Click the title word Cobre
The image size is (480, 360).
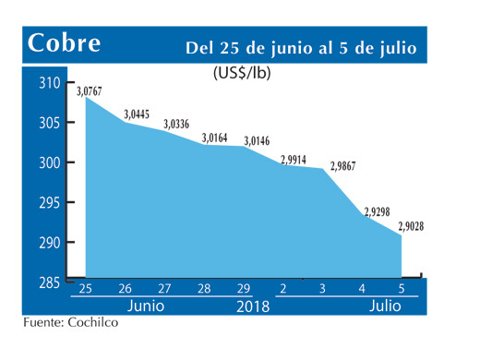click(65, 42)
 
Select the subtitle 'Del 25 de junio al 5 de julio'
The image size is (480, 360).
click(301, 46)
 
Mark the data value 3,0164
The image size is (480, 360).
click(217, 138)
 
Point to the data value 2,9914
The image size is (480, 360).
click(295, 159)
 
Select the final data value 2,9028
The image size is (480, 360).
click(411, 225)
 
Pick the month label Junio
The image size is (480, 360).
click(146, 305)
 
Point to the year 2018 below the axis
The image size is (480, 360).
click(251, 306)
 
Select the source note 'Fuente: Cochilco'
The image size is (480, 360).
click(71, 324)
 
